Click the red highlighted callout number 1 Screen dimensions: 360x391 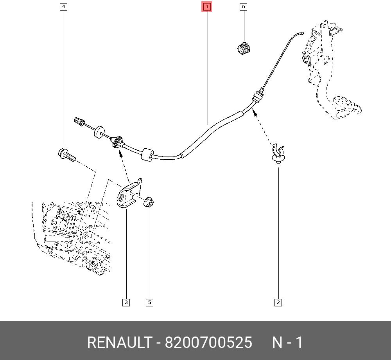pyautogui.click(x=206, y=7)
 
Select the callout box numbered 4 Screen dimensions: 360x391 pyautogui.click(x=63, y=7)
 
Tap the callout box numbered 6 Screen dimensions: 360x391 pyautogui.click(x=244, y=7)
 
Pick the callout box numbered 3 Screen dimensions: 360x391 pyautogui.click(x=126, y=302)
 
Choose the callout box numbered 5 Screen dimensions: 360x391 pyautogui.click(x=149, y=302)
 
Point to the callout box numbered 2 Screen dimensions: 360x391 pyautogui.click(x=278, y=302)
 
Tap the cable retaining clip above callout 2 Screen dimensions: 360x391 pyautogui.click(x=278, y=153)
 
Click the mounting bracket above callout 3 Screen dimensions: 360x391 pyautogui.click(x=129, y=194)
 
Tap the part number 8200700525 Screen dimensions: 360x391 pyautogui.click(x=208, y=342)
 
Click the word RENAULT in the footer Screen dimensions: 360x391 pyautogui.click(x=119, y=342)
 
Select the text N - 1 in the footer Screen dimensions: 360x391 pyautogui.click(x=287, y=342)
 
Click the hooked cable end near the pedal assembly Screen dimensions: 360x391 pyautogui.click(x=300, y=34)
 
